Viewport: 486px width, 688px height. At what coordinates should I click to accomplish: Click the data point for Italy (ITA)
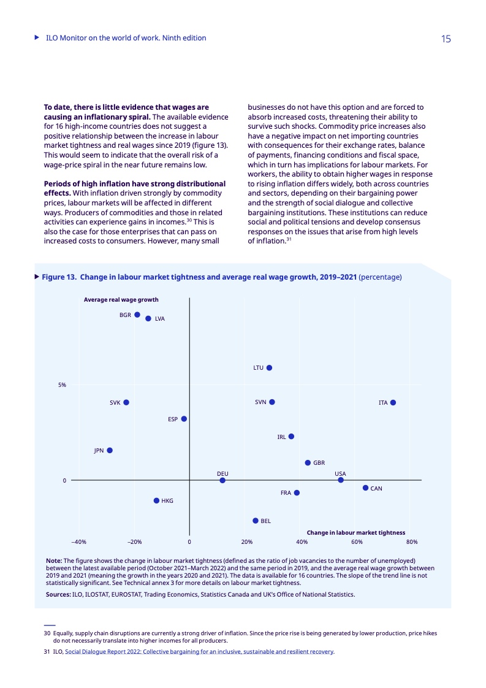point(393,402)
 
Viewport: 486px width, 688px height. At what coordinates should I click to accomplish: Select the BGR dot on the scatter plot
point(137,315)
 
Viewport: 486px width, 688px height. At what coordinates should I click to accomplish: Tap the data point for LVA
point(148,318)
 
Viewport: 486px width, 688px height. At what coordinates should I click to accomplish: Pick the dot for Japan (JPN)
point(110,450)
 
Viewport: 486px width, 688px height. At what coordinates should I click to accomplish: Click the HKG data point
point(156,500)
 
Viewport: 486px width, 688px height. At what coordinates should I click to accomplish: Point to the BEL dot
point(256,521)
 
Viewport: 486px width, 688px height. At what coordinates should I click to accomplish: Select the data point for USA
point(341,480)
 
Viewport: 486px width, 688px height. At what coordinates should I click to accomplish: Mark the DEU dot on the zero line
point(222,480)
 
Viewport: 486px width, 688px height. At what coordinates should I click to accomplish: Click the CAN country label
point(377,489)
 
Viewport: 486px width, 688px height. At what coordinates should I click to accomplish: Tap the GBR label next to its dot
point(319,463)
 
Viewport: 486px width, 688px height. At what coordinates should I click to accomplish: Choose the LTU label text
point(258,368)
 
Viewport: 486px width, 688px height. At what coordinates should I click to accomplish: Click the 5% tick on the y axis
point(63,385)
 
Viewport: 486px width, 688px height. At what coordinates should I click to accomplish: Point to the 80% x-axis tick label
point(412,542)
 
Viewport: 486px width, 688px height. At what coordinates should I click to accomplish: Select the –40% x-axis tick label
point(78,542)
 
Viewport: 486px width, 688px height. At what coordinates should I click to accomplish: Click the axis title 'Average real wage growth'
point(121,300)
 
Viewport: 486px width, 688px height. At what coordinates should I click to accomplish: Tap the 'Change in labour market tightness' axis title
point(355,533)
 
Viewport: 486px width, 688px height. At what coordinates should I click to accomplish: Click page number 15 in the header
point(446,39)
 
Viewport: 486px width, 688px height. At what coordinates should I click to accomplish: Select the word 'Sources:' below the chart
point(58,594)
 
